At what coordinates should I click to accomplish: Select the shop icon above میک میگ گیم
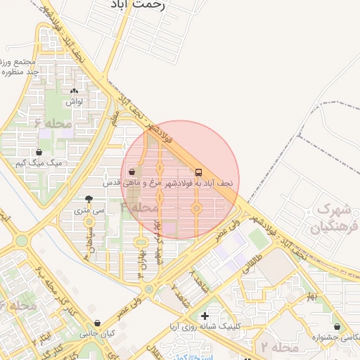point(38,152)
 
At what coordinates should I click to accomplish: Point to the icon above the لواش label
point(75,91)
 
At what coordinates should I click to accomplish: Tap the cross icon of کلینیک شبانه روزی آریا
point(204,316)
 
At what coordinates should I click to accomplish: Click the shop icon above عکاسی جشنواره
point(338,327)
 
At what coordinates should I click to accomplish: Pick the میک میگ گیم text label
point(39,163)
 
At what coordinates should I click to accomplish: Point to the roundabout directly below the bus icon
point(196,208)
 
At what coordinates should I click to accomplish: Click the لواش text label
point(75,102)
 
